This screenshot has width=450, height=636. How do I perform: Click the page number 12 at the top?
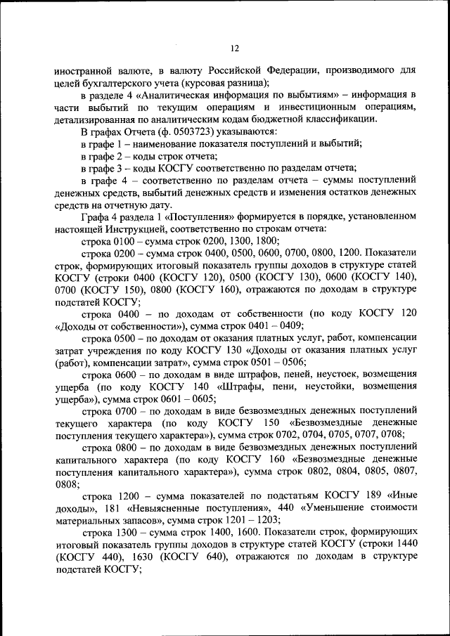tap(235, 48)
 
